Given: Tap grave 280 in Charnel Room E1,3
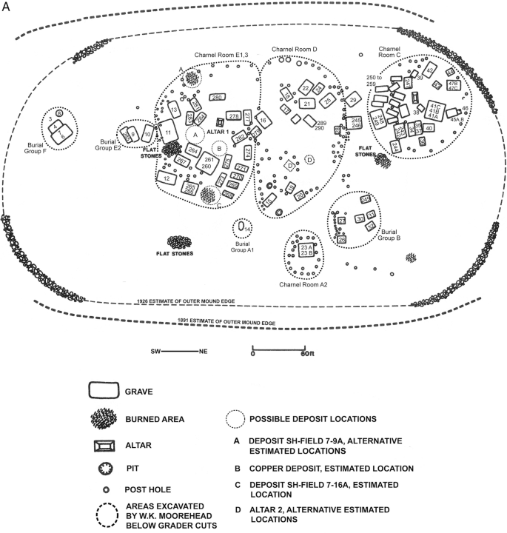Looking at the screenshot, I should [x=217, y=98].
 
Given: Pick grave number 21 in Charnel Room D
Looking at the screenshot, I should [x=306, y=104].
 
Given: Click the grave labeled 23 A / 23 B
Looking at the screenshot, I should [x=306, y=249].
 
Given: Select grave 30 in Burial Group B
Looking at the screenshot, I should [x=360, y=219].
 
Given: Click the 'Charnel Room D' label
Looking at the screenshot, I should [x=295, y=50].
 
